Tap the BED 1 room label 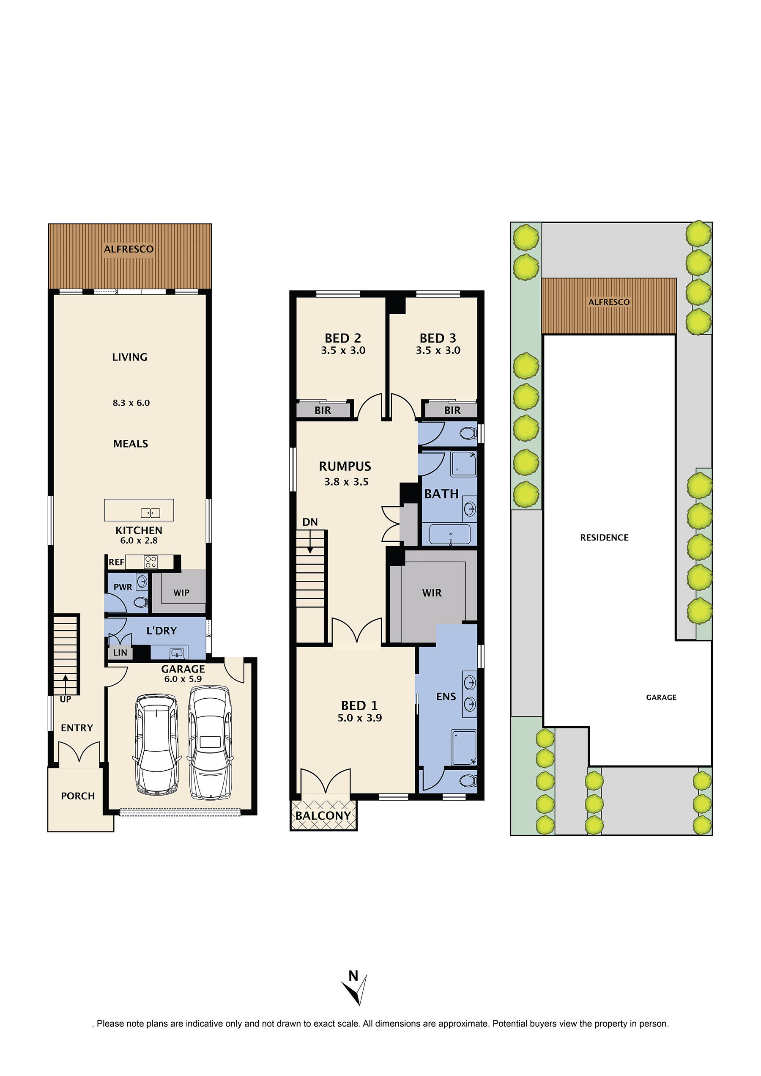click(x=359, y=705)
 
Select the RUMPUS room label click(x=345, y=466)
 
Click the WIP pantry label click(x=181, y=593)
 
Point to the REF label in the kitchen click(x=116, y=562)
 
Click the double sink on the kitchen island click(x=151, y=513)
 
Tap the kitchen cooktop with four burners click(x=151, y=562)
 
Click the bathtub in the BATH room click(x=450, y=534)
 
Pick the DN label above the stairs click(x=310, y=522)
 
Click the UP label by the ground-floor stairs click(x=66, y=699)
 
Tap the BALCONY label click(x=323, y=816)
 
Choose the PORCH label click(x=78, y=796)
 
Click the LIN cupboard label click(x=120, y=652)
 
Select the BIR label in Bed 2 click(x=323, y=410)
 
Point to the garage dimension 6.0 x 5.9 click(x=183, y=679)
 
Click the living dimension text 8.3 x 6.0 click(x=131, y=403)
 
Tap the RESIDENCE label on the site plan click(x=605, y=538)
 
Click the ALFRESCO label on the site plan click(x=609, y=302)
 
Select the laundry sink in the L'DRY click(x=177, y=653)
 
